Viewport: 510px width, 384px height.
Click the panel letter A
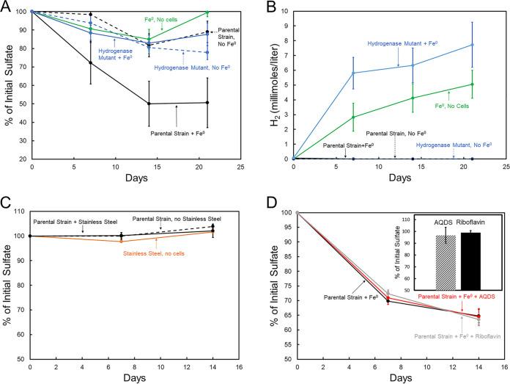tap(6, 7)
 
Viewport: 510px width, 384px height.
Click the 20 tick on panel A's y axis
tap(21, 159)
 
